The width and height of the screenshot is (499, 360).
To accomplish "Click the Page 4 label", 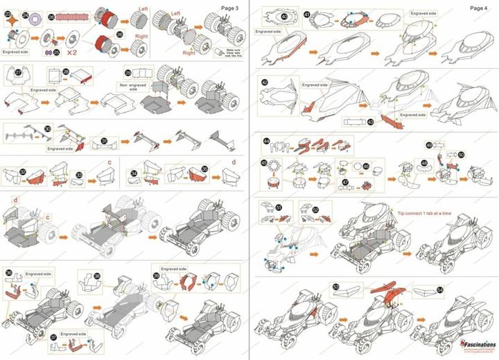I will (x=478, y=7).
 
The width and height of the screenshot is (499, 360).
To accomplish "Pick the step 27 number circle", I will (x=19, y=71).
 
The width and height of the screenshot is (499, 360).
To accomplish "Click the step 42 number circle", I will (x=265, y=82).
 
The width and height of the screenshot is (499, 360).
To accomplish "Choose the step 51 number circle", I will (x=279, y=207).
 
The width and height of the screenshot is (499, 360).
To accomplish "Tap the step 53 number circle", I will (x=335, y=286).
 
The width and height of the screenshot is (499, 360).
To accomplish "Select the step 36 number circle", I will (x=9, y=273).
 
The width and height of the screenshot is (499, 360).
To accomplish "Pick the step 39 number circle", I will (x=157, y=275).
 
